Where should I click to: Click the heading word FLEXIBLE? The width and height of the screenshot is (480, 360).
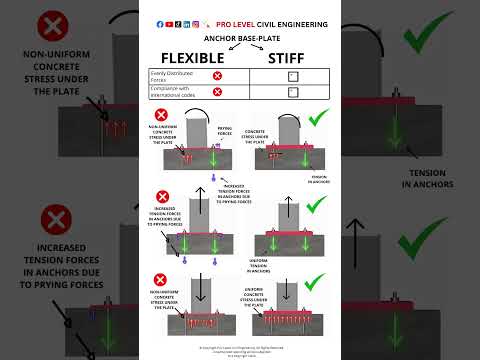(x=193, y=57)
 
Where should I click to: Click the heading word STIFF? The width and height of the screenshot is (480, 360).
(x=292, y=57)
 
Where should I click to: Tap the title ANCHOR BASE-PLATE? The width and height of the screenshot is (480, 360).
(x=240, y=39)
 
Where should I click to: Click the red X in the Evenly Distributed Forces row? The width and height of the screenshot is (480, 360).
(x=217, y=76)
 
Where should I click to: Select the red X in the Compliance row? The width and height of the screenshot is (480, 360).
(x=217, y=92)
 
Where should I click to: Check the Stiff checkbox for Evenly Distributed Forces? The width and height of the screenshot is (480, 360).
(x=292, y=76)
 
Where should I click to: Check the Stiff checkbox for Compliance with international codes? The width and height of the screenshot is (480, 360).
(x=292, y=92)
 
